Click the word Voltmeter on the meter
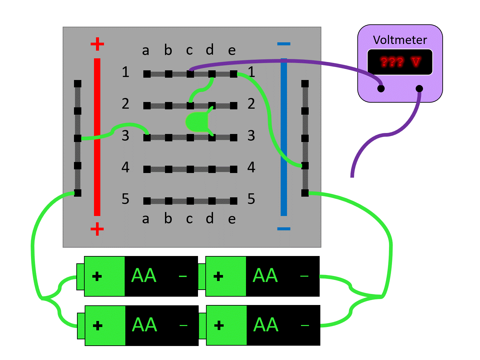click(400, 40)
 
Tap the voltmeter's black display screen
click(400, 62)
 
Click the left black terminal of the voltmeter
click(381, 88)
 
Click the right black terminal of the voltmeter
click(419, 88)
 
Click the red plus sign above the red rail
click(97, 44)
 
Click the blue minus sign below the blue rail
click(284, 229)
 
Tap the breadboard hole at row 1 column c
click(190, 74)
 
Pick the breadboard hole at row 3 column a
click(147, 137)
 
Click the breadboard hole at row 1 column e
click(234, 74)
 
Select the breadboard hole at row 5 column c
click(190, 201)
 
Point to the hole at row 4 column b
click(169, 169)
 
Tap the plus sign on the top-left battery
click(97, 276)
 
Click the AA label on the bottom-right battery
click(266, 325)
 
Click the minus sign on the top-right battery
click(304, 276)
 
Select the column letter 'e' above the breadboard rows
click(232, 51)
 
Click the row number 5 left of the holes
click(125, 199)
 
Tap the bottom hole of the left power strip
click(78, 193)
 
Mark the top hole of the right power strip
click(305, 84)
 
